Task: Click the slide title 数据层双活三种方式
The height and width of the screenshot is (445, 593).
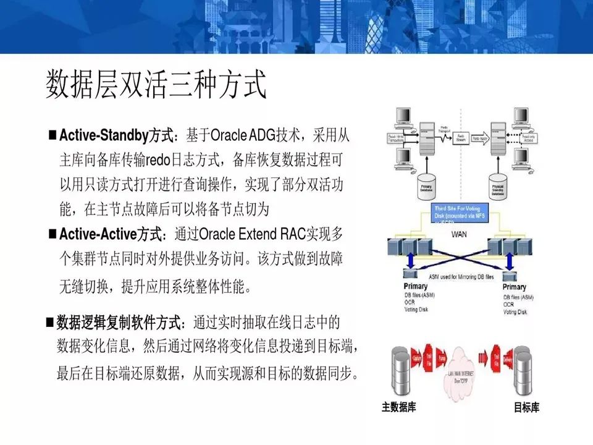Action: click(x=156, y=85)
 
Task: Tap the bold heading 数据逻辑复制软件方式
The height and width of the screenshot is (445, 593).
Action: click(x=120, y=323)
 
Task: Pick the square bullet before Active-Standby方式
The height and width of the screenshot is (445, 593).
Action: click(x=53, y=135)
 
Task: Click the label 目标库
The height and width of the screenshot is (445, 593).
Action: click(x=526, y=408)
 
